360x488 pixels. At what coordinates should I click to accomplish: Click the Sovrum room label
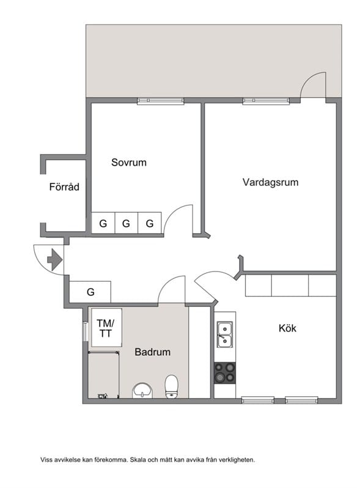pyautogui.click(x=129, y=163)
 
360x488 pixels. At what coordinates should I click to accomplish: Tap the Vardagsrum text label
pyautogui.click(x=270, y=182)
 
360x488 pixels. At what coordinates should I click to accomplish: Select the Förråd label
pyautogui.click(x=64, y=187)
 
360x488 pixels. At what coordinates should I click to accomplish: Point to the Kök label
pyautogui.click(x=287, y=328)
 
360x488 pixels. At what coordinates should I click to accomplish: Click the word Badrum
pyautogui.click(x=152, y=352)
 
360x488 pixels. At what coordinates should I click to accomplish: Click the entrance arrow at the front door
pyautogui.click(x=54, y=259)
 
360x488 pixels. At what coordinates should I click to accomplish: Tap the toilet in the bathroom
pyautogui.click(x=172, y=386)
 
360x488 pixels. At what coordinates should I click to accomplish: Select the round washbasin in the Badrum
pyautogui.click(x=142, y=390)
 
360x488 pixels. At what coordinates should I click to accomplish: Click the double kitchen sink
pyautogui.click(x=225, y=335)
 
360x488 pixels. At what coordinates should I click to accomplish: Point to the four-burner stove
pyautogui.click(x=225, y=372)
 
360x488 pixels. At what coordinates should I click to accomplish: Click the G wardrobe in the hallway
pyautogui.click(x=90, y=292)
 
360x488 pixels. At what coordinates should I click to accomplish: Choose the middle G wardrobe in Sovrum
pyautogui.click(x=127, y=224)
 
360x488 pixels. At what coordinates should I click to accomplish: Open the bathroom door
pyautogui.click(x=172, y=290)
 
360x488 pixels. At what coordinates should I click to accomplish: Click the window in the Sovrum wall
pyautogui.click(x=161, y=101)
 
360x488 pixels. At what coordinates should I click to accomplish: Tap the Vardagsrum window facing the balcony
pyautogui.click(x=266, y=101)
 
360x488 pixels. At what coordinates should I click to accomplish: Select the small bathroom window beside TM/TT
pyautogui.click(x=85, y=335)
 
